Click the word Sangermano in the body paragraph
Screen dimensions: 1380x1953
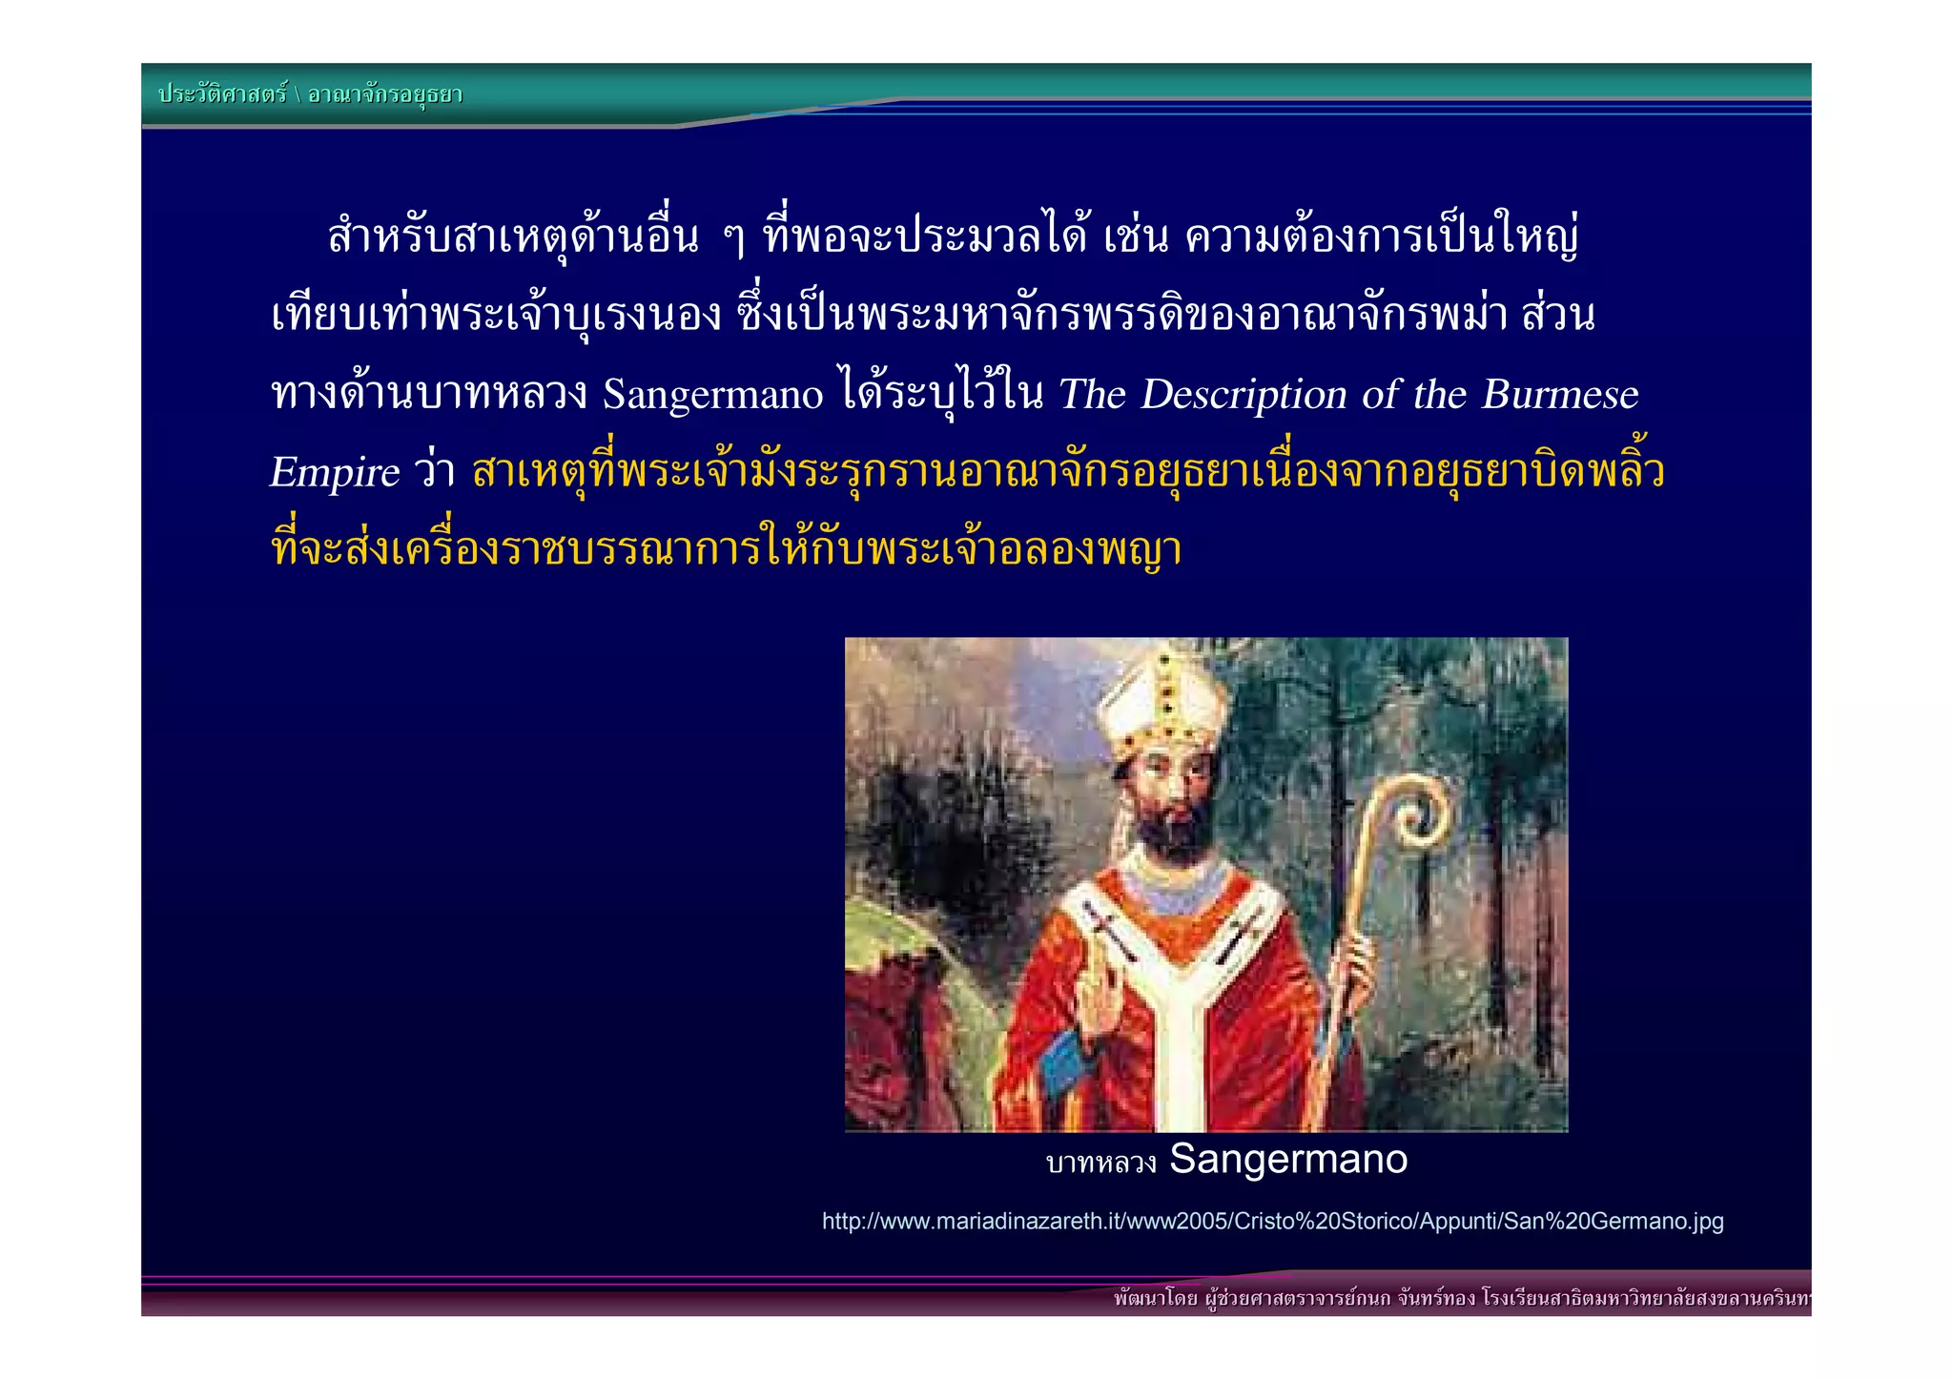click(712, 395)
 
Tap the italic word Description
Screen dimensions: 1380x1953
click(1244, 395)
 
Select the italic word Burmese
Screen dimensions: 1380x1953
click(1559, 395)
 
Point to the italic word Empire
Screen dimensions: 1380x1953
click(335, 473)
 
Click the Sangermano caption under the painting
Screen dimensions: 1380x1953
click(1287, 1160)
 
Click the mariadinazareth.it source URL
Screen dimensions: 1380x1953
click(1272, 1222)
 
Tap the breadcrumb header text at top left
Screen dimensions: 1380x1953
click(310, 94)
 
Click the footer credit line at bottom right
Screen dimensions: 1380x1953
click(1459, 1298)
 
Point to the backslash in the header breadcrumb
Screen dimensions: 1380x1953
click(297, 94)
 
